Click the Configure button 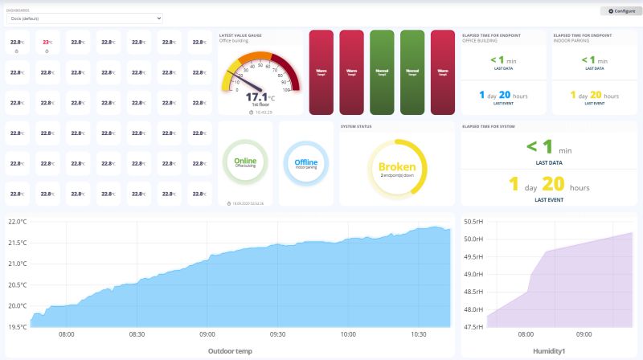pyautogui.click(x=621, y=11)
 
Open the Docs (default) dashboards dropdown pyautogui.click(x=84, y=18)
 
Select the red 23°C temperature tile pyautogui.click(x=47, y=43)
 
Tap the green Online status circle pyautogui.click(x=245, y=162)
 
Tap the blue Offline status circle pyautogui.click(x=305, y=163)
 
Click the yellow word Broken pyautogui.click(x=396, y=167)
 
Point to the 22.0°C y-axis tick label pyautogui.click(x=17, y=222)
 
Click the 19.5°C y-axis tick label pyautogui.click(x=17, y=326)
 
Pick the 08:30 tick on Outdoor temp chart pyautogui.click(x=137, y=334)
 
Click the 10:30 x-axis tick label pyautogui.click(x=418, y=334)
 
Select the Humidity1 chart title pyautogui.click(x=549, y=350)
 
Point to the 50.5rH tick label pyautogui.click(x=474, y=221)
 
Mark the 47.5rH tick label pyautogui.click(x=474, y=326)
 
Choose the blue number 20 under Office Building pyautogui.click(x=504, y=95)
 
